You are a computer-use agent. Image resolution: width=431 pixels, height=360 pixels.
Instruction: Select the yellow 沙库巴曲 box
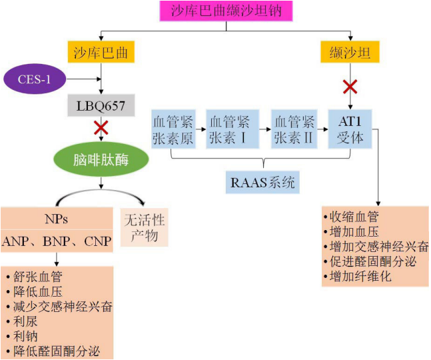click(100, 52)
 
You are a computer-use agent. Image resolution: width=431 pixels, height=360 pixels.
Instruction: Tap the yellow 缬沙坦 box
click(350, 52)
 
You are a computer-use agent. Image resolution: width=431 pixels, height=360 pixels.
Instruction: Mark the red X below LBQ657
click(101, 127)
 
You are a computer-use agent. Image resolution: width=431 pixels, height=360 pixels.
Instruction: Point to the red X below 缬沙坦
click(349, 86)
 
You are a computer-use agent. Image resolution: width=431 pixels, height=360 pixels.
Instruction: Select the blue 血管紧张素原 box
click(172, 129)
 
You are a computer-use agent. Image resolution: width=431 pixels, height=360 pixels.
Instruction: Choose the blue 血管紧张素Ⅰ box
click(229, 129)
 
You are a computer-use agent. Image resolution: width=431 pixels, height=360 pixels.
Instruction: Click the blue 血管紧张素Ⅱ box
click(293, 129)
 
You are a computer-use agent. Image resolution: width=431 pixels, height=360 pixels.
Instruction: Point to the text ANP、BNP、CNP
click(56, 241)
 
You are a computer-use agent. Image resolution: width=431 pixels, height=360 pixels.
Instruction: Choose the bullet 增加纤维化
click(360, 276)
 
